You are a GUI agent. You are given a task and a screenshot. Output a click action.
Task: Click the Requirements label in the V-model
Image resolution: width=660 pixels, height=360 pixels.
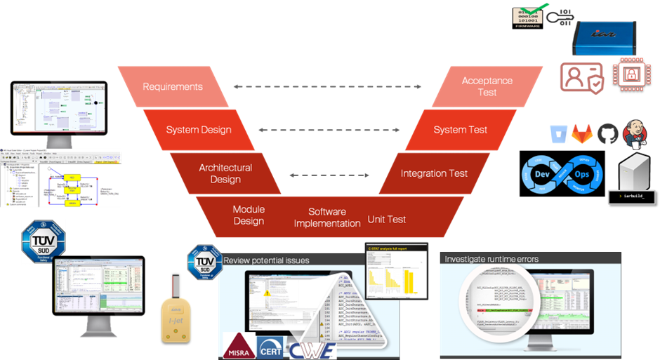pyautogui.click(x=172, y=87)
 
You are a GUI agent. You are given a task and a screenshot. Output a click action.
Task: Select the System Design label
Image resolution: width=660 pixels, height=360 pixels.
pyautogui.click(x=198, y=130)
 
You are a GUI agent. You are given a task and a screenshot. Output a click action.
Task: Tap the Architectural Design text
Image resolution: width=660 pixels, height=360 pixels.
pyautogui.click(x=225, y=173)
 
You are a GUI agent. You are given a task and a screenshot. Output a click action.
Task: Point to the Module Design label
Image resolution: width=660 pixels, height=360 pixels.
pyautogui.click(x=249, y=215)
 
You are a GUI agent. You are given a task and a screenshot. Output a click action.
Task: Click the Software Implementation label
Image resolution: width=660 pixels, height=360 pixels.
pyautogui.click(x=326, y=218)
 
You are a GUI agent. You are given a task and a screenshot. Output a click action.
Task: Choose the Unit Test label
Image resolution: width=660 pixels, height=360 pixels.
pyautogui.click(x=387, y=219)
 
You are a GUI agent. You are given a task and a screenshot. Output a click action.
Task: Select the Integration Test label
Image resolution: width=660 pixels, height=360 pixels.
pyautogui.click(x=434, y=173)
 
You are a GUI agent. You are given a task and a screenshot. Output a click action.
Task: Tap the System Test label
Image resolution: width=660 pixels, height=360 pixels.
pyautogui.click(x=460, y=130)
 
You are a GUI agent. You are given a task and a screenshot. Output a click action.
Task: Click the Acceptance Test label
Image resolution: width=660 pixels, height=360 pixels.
pyautogui.click(x=487, y=87)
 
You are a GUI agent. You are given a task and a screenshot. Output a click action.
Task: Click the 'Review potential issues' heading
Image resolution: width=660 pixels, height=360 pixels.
pyautogui.click(x=267, y=260)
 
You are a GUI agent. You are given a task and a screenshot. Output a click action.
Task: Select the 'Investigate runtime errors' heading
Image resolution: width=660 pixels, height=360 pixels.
pyautogui.click(x=491, y=259)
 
